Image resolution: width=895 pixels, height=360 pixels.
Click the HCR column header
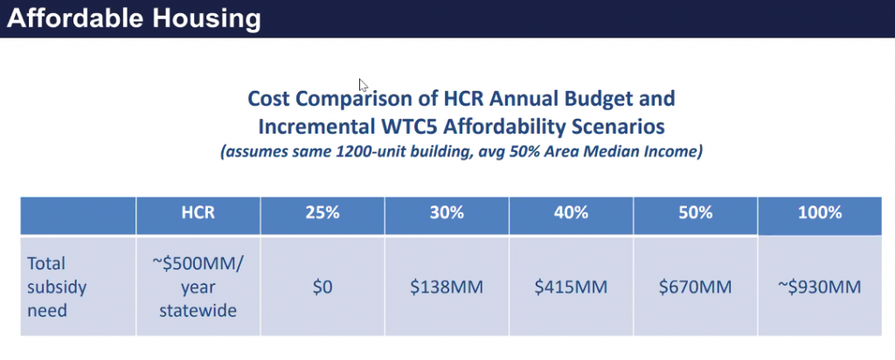pyautogui.click(x=198, y=212)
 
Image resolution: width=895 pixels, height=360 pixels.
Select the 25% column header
pyautogui.click(x=323, y=212)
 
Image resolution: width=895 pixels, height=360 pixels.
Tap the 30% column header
pyautogui.click(x=447, y=212)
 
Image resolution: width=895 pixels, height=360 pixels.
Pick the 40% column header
pyautogui.click(x=571, y=212)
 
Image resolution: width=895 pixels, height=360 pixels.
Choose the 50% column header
pyautogui.click(x=695, y=212)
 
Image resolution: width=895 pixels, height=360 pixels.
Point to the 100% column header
pyautogui.click(x=819, y=212)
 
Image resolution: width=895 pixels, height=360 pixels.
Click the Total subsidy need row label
pyautogui.click(x=58, y=286)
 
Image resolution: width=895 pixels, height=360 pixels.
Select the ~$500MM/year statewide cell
pyautogui.click(x=198, y=286)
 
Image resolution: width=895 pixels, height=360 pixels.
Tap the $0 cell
pyautogui.click(x=323, y=286)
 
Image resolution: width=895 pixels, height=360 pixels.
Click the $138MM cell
pyautogui.click(x=447, y=286)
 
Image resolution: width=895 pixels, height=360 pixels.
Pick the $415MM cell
pyautogui.click(x=571, y=286)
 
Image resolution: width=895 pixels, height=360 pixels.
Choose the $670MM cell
pyautogui.click(x=695, y=286)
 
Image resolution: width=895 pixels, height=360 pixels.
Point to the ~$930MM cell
pyautogui.click(x=819, y=286)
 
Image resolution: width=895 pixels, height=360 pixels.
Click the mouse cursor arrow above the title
pyautogui.click(x=363, y=85)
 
